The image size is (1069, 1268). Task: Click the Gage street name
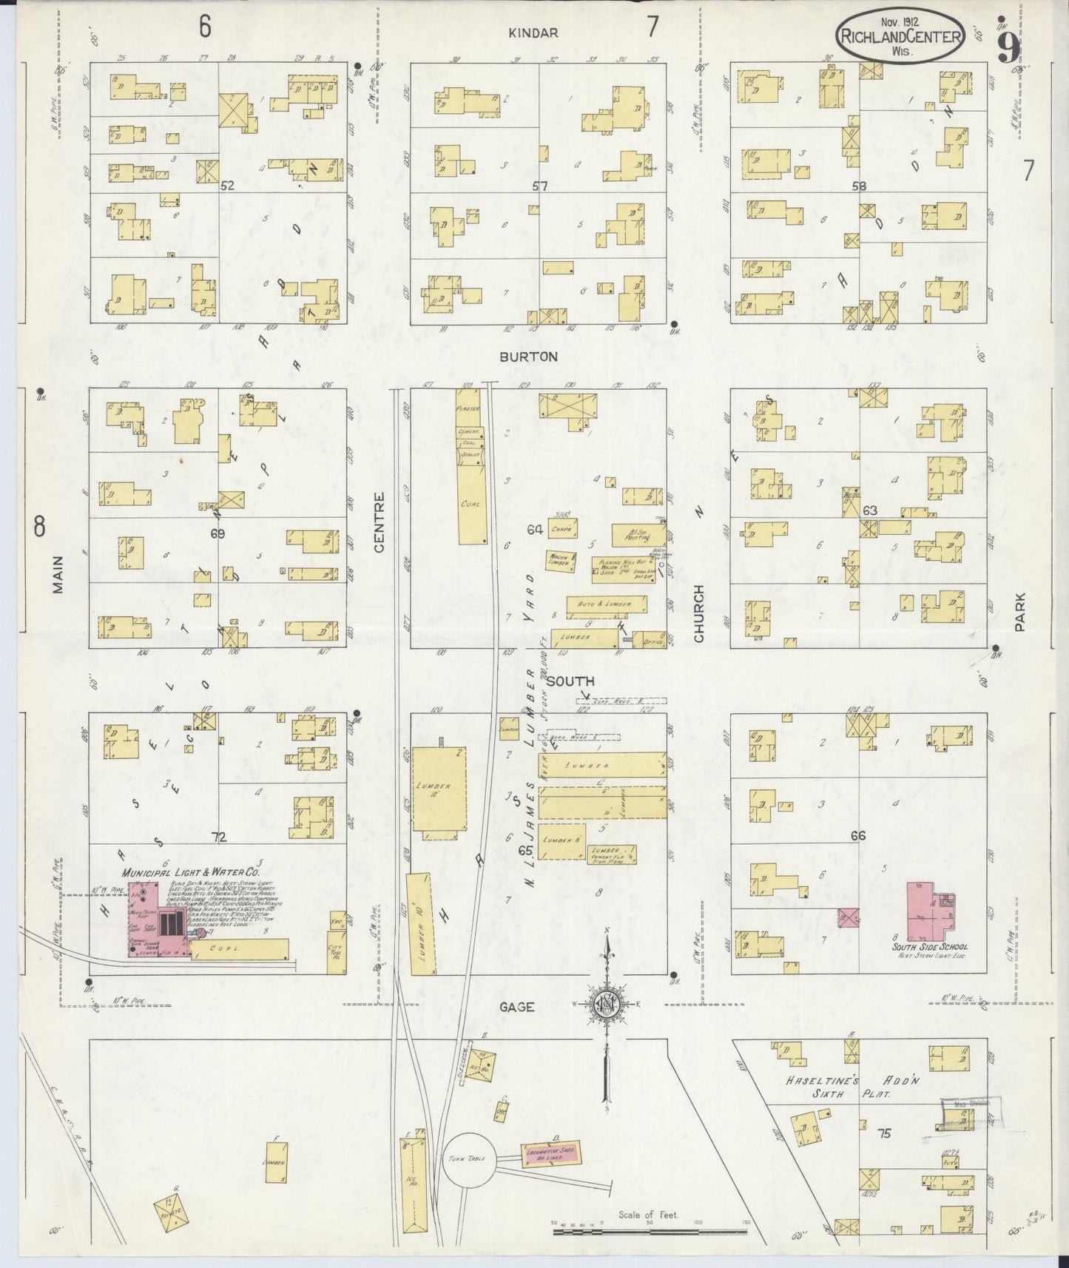click(516, 1007)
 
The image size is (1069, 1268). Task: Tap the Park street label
click(1020, 611)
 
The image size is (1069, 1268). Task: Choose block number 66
click(858, 835)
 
